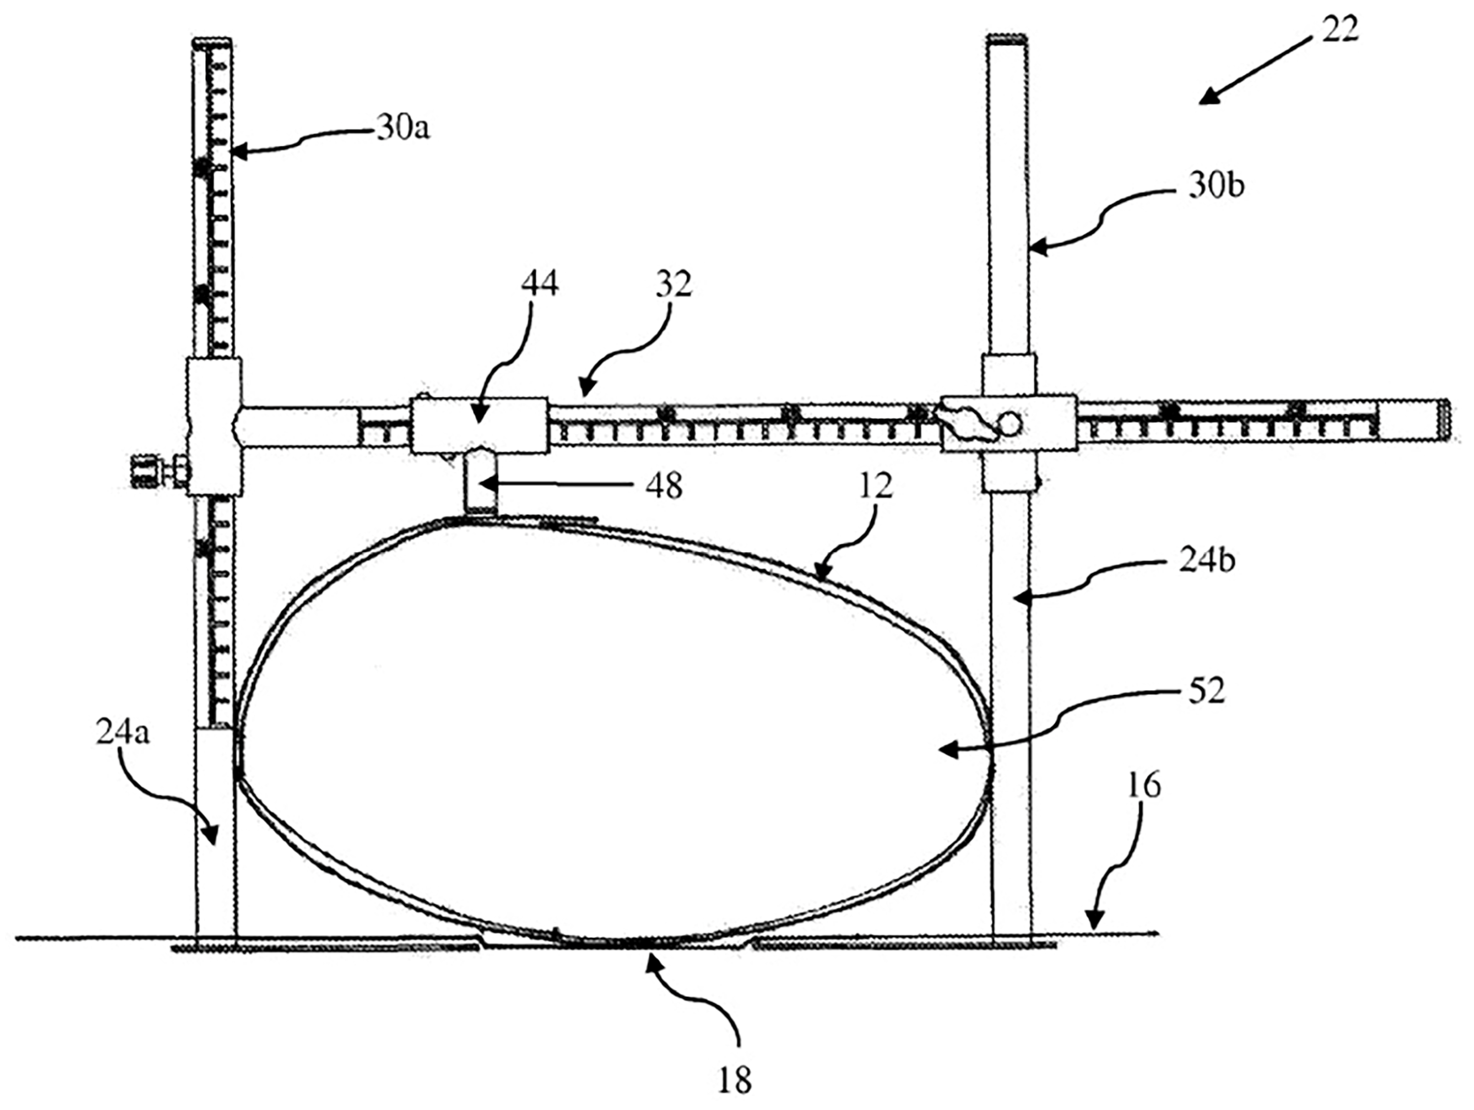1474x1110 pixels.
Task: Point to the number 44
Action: pos(540,283)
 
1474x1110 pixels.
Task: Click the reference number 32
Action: pos(673,283)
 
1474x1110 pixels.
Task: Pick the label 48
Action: pos(663,487)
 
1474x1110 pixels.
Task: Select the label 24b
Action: pos(1207,561)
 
